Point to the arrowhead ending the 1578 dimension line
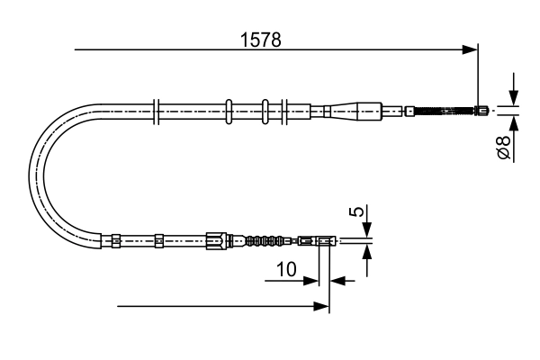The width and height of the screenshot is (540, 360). (x=469, y=49)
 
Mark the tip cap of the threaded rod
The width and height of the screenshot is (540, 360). (x=484, y=112)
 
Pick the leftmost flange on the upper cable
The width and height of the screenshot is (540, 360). (x=157, y=112)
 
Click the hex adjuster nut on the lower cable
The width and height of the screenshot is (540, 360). (x=214, y=240)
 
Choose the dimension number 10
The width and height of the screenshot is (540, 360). (x=286, y=269)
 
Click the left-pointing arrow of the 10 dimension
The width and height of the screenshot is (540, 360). (x=338, y=281)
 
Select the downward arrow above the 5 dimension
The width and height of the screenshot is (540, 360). (x=366, y=230)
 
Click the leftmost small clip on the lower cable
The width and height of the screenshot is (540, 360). (x=115, y=240)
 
